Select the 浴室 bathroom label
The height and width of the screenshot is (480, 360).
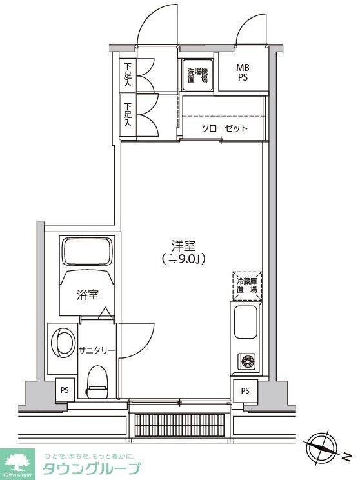click(88, 295)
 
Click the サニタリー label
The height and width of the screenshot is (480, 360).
click(97, 350)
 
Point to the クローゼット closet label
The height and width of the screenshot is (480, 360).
click(225, 128)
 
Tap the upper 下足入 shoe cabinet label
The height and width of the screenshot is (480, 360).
click(128, 75)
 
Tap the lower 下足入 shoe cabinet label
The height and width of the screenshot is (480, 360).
click(128, 115)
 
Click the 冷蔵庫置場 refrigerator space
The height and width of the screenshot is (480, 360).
click(247, 285)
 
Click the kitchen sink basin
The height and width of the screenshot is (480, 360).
click(246, 323)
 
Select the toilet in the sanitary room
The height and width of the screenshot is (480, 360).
click(97, 383)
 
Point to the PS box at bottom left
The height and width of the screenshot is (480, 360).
click(65, 390)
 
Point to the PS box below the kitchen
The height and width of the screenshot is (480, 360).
click(245, 390)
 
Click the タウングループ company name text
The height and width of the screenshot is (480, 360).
click(90, 468)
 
